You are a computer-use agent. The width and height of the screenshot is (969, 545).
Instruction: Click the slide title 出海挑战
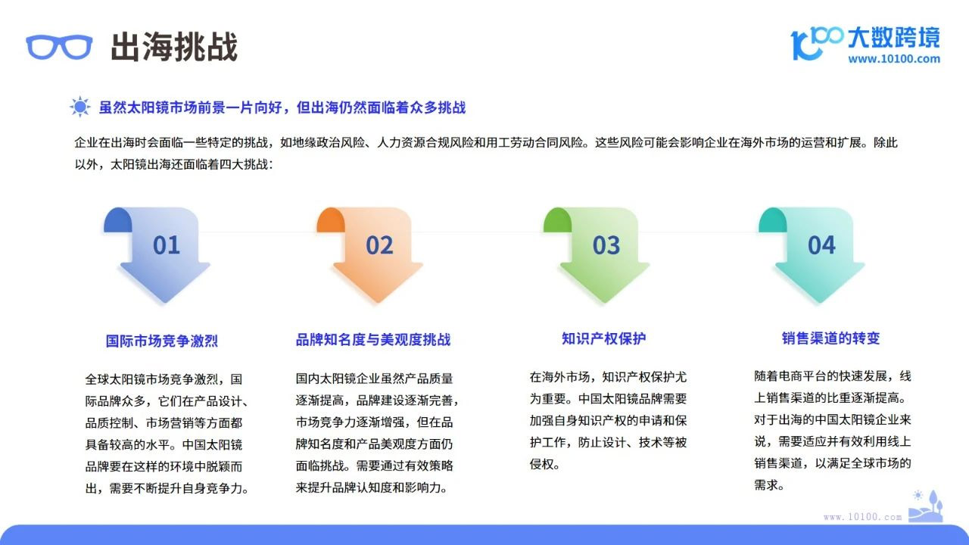[174, 46]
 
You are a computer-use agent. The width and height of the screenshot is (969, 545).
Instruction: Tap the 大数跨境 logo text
[894, 38]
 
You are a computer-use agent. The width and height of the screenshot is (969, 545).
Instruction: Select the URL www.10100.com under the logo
[894, 59]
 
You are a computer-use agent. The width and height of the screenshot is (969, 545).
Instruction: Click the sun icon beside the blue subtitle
[80, 107]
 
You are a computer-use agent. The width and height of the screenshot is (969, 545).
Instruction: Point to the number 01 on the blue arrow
[166, 245]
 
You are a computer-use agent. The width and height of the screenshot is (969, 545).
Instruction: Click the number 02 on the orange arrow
[379, 245]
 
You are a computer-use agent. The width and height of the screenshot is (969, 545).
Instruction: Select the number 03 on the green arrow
[606, 245]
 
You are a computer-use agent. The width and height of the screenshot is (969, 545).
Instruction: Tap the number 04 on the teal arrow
[821, 245]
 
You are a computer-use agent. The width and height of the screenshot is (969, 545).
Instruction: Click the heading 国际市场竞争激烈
[162, 341]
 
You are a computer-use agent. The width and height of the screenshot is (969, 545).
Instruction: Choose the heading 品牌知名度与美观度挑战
[373, 340]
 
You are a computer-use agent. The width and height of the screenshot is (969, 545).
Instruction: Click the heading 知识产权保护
[603, 338]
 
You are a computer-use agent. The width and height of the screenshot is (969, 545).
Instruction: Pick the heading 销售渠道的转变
[830, 338]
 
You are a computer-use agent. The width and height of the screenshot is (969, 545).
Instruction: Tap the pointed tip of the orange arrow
[378, 302]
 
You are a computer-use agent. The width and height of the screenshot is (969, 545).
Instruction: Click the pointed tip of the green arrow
[605, 302]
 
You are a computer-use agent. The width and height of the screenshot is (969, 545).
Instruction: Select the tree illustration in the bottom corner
[926, 506]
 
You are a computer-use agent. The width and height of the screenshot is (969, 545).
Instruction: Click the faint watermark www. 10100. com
[862, 517]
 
